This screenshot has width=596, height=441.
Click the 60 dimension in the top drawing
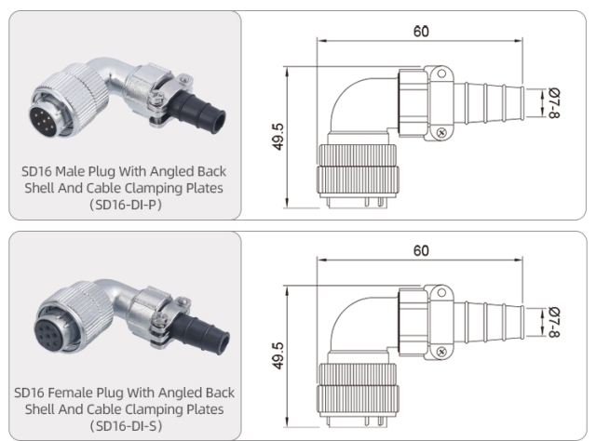421,31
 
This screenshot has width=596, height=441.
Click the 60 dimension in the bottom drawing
421,251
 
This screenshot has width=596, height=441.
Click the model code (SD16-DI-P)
124,205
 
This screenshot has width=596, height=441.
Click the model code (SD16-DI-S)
124,425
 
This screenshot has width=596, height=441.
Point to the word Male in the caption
79,171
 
